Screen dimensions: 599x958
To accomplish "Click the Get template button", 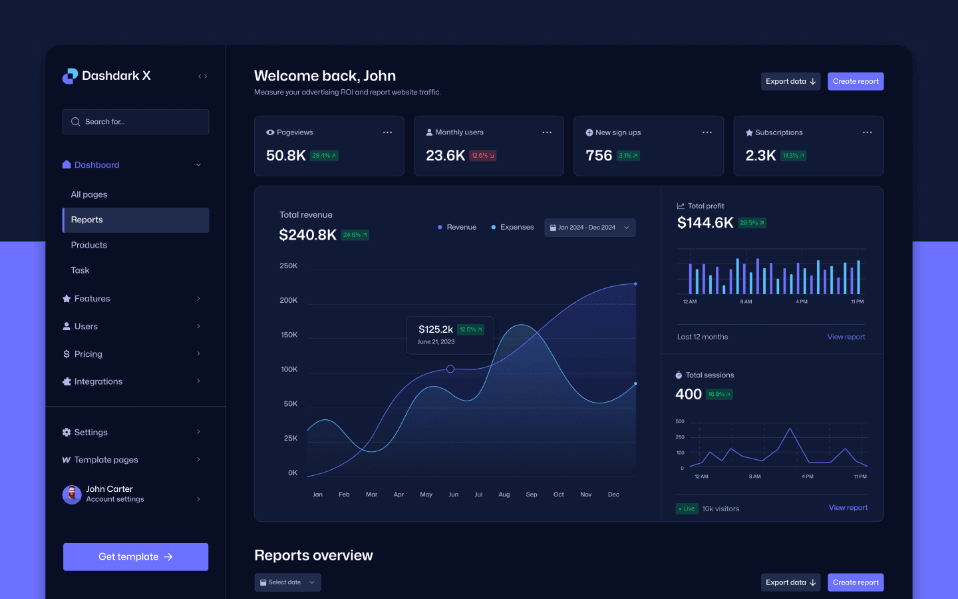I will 136,557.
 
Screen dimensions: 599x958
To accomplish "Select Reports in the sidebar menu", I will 136,220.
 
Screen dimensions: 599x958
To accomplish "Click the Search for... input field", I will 136,122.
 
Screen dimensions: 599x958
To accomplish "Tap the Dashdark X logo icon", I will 70,77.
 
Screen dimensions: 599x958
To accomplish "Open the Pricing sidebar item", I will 88,354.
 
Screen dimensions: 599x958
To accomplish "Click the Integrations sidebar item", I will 98,381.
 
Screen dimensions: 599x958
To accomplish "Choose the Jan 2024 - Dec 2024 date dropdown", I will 589,228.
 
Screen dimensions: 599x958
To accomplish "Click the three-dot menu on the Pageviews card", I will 387,132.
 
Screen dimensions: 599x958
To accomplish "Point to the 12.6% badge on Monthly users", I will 482,156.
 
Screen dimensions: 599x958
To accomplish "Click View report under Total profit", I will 846,337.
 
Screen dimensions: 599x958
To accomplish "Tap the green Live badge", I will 687,508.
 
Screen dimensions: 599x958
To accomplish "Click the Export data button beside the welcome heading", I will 790,81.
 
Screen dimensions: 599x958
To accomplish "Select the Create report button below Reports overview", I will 856,582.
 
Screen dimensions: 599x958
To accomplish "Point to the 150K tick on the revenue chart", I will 289,335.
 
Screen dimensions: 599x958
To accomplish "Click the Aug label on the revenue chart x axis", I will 504,495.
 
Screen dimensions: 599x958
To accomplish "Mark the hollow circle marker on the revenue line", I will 450,369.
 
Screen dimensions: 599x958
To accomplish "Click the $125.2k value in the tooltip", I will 436,329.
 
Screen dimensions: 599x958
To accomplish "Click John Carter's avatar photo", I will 72,495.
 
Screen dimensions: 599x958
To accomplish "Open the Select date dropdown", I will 287,582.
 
